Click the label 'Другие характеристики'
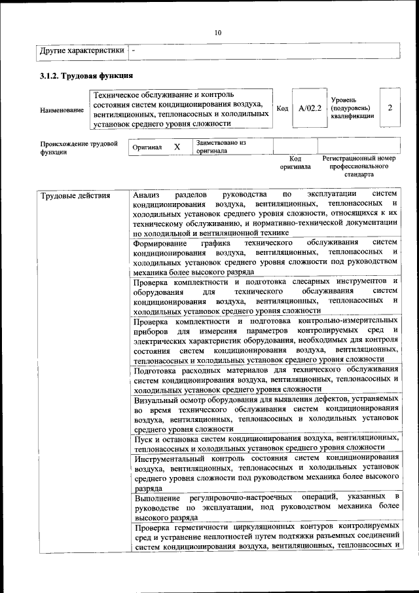(82, 50)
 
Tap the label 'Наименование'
(62, 110)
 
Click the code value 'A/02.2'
(310, 108)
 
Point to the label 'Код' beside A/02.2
(283, 109)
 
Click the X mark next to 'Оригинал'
(177, 147)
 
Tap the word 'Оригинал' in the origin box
(147, 148)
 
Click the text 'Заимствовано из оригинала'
(220, 146)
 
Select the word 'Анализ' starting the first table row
(145, 195)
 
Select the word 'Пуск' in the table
(143, 437)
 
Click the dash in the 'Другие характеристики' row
(134, 50)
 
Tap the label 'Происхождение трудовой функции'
(79, 147)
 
